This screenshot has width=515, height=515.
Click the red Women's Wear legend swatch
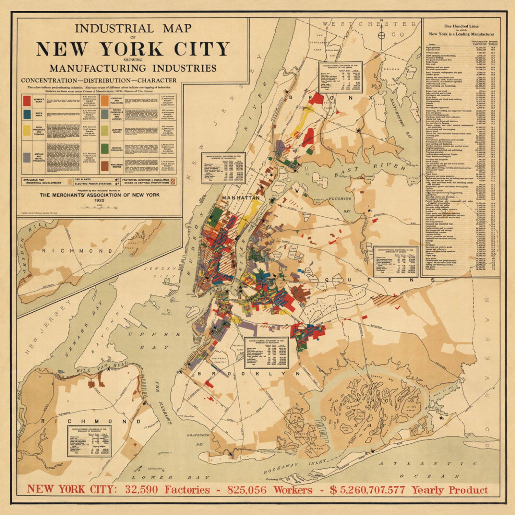tap(27, 101)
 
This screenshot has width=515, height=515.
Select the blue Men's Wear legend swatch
tap(27, 114)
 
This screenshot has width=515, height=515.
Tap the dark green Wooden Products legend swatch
tap(105, 149)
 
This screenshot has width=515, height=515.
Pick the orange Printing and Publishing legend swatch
tap(105, 101)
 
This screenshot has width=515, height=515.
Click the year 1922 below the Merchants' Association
tap(99, 200)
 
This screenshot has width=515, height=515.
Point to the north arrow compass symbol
tap(381, 35)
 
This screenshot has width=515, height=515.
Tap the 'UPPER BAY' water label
tap(154, 341)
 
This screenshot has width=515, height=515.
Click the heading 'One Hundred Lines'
tap(461, 26)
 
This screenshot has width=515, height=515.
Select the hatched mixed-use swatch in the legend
tap(173, 181)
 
